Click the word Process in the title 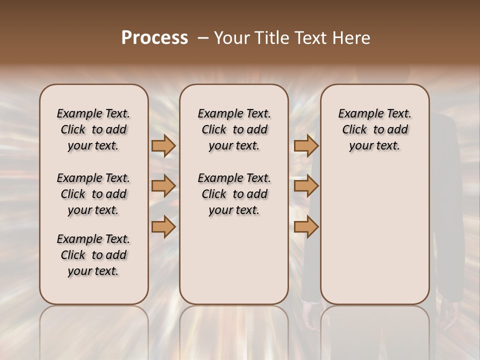tap(154, 38)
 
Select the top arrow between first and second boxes tap(163, 145)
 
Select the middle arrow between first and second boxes tap(163, 186)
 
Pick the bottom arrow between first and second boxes tap(163, 227)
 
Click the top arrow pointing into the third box tap(306, 145)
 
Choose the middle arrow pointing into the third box tap(306, 186)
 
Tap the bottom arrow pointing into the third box tap(306, 227)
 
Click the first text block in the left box tap(93, 129)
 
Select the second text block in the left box tap(93, 194)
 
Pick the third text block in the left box tap(93, 255)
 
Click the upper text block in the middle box tap(234, 129)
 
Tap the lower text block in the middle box tap(234, 194)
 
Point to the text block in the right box tap(375, 129)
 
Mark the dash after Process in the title tap(203, 38)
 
